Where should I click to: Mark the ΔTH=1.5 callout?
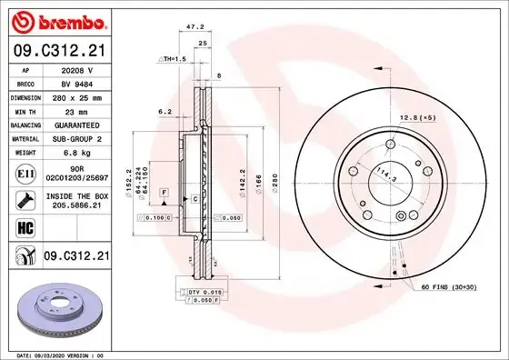[x=174, y=59]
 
